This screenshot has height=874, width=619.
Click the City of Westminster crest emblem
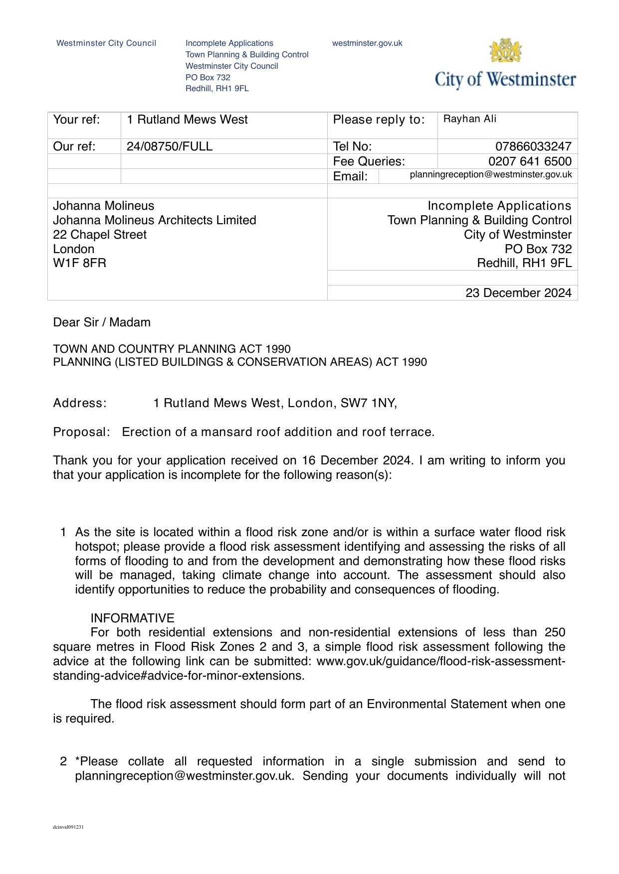(x=506, y=51)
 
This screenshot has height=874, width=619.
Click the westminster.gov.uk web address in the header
(x=367, y=43)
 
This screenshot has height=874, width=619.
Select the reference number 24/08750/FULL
(x=170, y=146)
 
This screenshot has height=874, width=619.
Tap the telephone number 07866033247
(x=533, y=146)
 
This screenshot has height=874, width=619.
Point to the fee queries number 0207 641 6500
(x=530, y=161)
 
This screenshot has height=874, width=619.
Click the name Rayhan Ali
(x=470, y=119)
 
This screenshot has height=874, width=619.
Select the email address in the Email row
(x=491, y=175)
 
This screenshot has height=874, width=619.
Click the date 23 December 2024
(x=518, y=293)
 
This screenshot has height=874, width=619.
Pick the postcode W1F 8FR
(x=80, y=263)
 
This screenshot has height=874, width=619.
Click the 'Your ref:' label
(x=76, y=120)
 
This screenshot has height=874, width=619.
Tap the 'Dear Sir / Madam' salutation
(x=102, y=322)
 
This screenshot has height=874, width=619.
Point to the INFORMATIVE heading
(x=132, y=618)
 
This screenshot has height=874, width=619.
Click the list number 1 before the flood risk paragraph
(x=63, y=533)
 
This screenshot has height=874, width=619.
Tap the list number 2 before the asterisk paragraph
(x=63, y=761)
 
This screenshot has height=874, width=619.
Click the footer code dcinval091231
(x=68, y=827)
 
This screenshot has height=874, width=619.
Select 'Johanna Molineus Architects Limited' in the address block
(x=155, y=220)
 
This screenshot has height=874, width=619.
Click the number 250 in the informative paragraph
(x=555, y=633)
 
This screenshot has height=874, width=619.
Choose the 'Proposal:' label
(x=81, y=432)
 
